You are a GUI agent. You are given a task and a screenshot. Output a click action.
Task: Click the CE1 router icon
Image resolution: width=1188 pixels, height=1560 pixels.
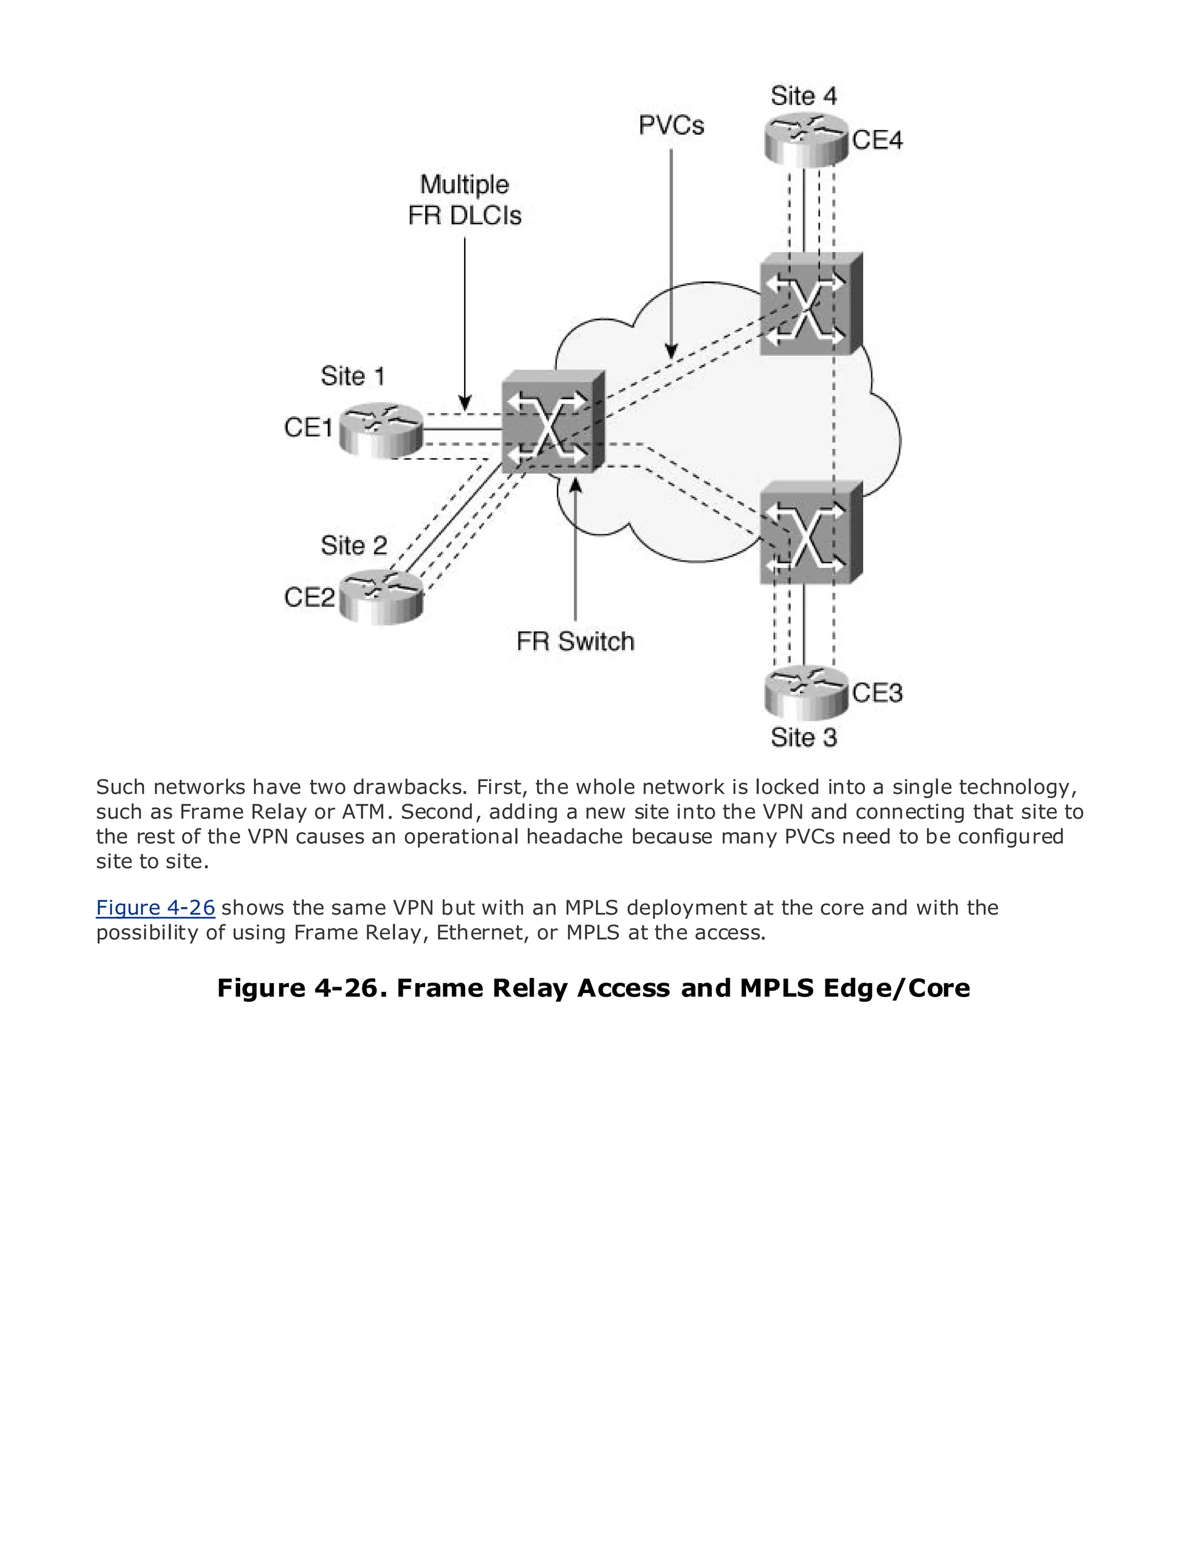point(381,431)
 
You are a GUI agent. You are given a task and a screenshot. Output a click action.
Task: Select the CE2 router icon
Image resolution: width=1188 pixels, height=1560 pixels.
point(381,598)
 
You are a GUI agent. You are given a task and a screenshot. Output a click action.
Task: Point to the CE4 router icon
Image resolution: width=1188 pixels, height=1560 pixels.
point(805,140)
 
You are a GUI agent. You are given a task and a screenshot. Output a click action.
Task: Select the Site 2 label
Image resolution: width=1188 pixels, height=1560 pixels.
point(354,546)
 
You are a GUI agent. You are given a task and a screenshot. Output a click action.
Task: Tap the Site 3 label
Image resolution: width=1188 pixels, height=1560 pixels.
point(804,738)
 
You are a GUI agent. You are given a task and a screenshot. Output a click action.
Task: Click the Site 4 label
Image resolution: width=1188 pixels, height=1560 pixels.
point(804,96)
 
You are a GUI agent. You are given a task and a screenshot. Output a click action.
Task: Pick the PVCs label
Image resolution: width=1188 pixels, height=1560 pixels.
point(671,126)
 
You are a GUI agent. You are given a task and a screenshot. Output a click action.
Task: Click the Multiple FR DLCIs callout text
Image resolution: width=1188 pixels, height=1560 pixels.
point(465,200)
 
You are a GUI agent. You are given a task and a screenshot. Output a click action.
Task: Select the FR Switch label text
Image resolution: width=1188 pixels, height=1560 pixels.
point(575,642)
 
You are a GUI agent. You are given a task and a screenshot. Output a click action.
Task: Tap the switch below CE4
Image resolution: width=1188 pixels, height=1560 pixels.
point(810,304)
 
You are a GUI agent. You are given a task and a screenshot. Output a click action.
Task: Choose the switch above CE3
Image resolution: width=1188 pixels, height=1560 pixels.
point(810,533)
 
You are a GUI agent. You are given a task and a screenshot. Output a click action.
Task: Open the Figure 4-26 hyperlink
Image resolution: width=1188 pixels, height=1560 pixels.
point(155,908)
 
